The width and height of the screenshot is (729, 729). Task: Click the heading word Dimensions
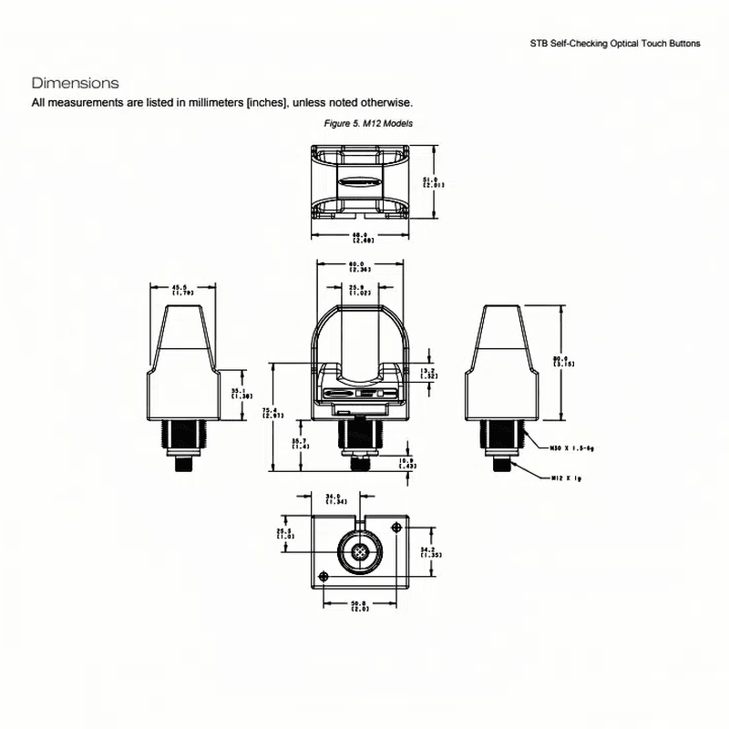point(75,83)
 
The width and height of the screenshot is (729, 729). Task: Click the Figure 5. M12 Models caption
point(363,122)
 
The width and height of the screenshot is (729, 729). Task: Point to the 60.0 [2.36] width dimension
point(358,266)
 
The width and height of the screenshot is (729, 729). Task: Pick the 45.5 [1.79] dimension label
point(182,290)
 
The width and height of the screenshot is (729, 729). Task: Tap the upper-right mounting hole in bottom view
point(395,529)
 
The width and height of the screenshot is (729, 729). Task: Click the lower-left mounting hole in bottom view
point(323,575)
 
